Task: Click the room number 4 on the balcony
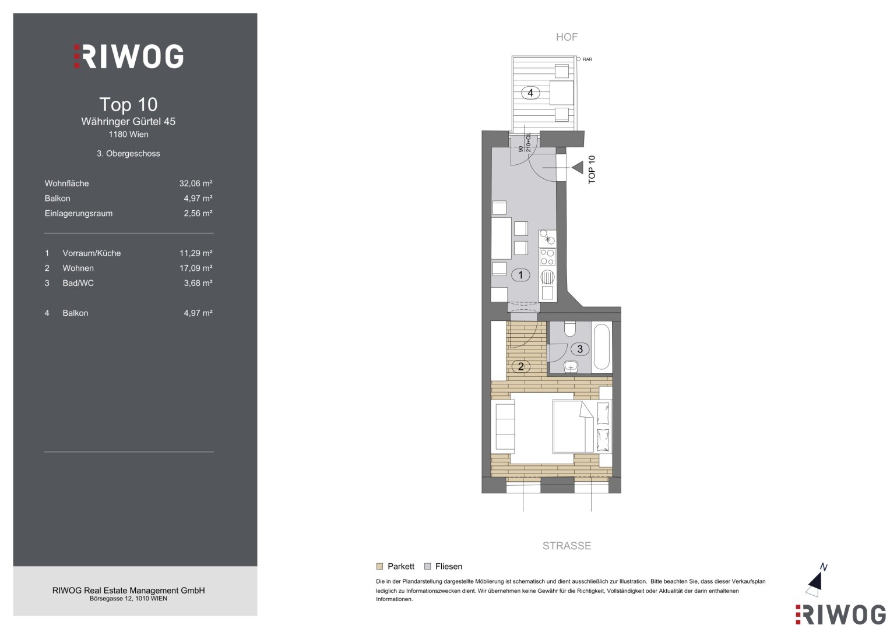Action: [x=530, y=93]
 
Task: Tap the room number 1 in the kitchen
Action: [x=520, y=275]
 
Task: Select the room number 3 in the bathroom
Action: [x=580, y=349]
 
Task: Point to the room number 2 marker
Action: [x=520, y=366]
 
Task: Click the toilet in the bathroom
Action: [x=570, y=329]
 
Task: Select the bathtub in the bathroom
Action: [x=601, y=348]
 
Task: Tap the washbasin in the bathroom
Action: [x=571, y=366]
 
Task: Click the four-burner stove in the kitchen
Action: [x=547, y=256]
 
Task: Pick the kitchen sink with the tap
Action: [x=547, y=238]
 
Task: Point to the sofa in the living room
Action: [x=503, y=427]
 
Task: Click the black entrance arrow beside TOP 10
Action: [x=578, y=168]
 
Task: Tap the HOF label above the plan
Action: [x=567, y=37]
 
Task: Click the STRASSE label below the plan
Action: [x=567, y=546]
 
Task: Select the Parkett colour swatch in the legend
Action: [x=379, y=566]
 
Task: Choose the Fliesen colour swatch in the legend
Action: [x=428, y=566]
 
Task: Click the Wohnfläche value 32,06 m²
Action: [x=195, y=183]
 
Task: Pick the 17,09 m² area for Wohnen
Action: [x=195, y=268]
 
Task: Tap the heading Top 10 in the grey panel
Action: [x=128, y=104]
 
